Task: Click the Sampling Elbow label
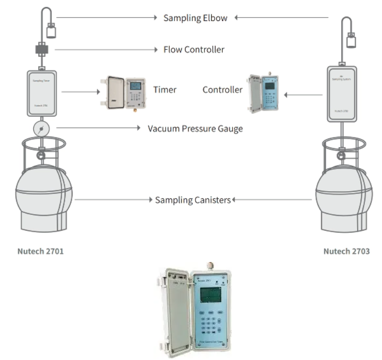(196, 18)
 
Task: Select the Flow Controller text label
(194, 49)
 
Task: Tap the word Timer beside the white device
(165, 89)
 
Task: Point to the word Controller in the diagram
(222, 89)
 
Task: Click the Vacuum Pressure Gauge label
(195, 128)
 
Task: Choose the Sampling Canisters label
(193, 200)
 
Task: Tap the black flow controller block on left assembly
(41, 49)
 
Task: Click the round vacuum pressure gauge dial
(41, 128)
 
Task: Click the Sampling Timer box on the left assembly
(41, 93)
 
